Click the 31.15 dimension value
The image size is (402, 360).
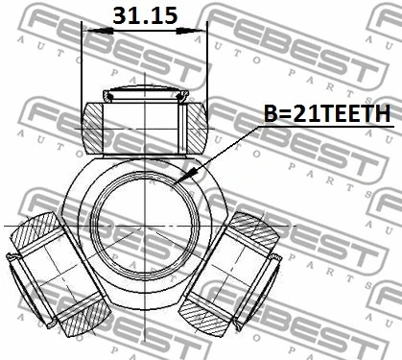[x=145, y=15]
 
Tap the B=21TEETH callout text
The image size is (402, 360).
[x=327, y=113]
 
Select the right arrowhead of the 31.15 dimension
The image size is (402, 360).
[x=190, y=31]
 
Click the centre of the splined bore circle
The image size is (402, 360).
[x=145, y=226]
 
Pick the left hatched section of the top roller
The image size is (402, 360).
[x=93, y=128]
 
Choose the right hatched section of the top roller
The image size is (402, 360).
[x=197, y=128]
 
